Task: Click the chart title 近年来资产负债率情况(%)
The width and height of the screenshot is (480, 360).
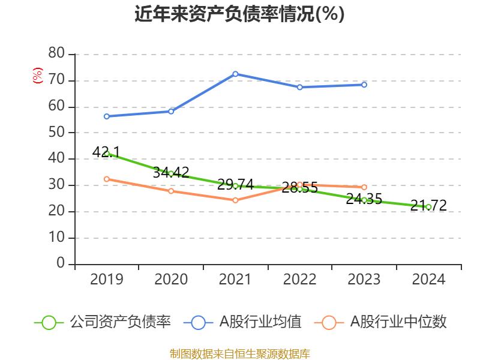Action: [x=239, y=14]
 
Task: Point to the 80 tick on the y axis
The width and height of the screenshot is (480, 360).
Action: [x=56, y=54]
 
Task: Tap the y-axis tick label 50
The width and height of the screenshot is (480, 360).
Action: [x=56, y=133]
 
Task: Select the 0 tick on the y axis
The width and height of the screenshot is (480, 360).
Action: [x=60, y=264]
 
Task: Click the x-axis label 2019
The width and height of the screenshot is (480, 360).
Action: [x=107, y=280]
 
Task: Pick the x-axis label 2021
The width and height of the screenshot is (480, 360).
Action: [x=235, y=280]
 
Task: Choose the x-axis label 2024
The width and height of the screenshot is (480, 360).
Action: [x=428, y=280]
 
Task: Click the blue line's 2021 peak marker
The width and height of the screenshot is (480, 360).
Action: [x=235, y=74]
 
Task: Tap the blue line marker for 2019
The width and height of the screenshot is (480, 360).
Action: [x=107, y=116]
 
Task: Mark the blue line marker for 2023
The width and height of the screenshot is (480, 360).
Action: [x=364, y=85]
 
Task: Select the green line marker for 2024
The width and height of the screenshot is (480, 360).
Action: [x=428, y=207]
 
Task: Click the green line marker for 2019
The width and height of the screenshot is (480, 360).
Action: [x=107, y=153]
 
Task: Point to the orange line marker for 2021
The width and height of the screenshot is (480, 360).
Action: [x=235, y=200]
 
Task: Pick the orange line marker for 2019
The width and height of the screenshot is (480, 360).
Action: [x=107, y=179]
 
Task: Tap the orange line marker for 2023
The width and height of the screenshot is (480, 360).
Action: [x=364, y=187]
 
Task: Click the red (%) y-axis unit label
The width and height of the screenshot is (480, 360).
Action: [x=38, y=76]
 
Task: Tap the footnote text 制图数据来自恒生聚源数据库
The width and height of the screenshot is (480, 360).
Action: [x=239, y=354]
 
